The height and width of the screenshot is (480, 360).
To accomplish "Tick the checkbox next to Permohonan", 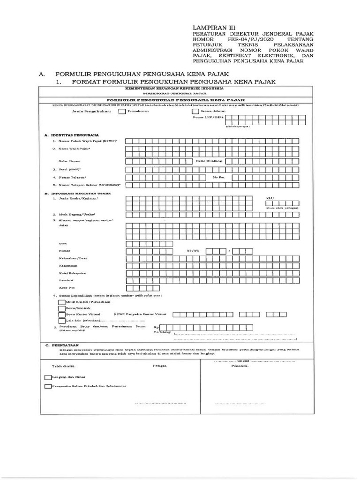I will click(x=122, y=112).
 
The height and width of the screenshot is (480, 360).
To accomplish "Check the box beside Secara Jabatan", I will click(x=195, y=112).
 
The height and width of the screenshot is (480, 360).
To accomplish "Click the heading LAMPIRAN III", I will click(x=209, y=28).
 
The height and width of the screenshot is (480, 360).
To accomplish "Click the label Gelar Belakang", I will click(x=209, y=161).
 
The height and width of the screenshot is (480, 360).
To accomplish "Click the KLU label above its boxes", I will click(x=269, y=198).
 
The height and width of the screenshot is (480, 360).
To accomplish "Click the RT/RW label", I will click(x=193, y=251).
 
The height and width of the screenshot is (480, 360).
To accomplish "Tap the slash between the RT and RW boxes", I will click(x=229, y=251).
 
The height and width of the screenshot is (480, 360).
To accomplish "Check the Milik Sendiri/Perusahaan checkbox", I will click(x=61, y=303).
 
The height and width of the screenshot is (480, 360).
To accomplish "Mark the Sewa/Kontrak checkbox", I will click(x=61, y=309).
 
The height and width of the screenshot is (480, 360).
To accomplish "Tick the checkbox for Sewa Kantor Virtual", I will click(x=61, y=315).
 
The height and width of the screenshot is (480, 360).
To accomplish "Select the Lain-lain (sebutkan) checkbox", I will click(x=61, y=321).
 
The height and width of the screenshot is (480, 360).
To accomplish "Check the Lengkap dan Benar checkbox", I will click(x=48, y=376).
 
